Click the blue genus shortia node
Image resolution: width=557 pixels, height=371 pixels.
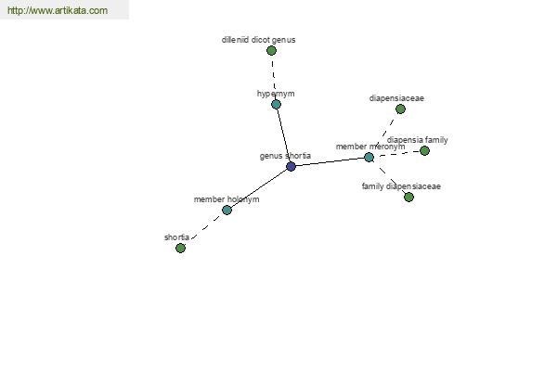point(291,166)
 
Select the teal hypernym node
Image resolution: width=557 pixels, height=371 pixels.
point(276,105)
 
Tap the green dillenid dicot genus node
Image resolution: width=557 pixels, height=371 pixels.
point(271,50)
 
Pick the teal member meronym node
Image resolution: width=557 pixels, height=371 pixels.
point(369,158)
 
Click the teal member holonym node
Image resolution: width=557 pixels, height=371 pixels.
point(227,211)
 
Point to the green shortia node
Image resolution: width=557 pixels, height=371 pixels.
point(180,248)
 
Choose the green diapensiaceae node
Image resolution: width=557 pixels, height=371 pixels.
point(400,109)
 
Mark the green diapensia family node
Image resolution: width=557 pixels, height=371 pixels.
point(424,151)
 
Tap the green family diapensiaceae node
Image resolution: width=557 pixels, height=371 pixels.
point(408,197)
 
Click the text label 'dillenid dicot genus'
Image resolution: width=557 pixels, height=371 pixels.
point(259,40)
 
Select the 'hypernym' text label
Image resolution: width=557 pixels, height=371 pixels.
point(276,94)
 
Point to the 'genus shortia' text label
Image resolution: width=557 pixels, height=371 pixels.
point(285,156)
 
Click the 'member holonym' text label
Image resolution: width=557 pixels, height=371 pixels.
point(227,199)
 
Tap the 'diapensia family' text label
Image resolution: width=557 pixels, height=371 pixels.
point(418,140)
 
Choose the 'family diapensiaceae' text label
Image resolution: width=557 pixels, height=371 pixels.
point(401,186)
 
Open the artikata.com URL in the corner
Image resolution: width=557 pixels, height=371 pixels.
point(58,10)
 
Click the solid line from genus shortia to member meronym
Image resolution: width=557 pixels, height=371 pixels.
point(330,162)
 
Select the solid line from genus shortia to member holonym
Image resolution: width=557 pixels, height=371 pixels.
point(259,188)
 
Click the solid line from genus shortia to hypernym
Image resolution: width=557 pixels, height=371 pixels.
point(283,135)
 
